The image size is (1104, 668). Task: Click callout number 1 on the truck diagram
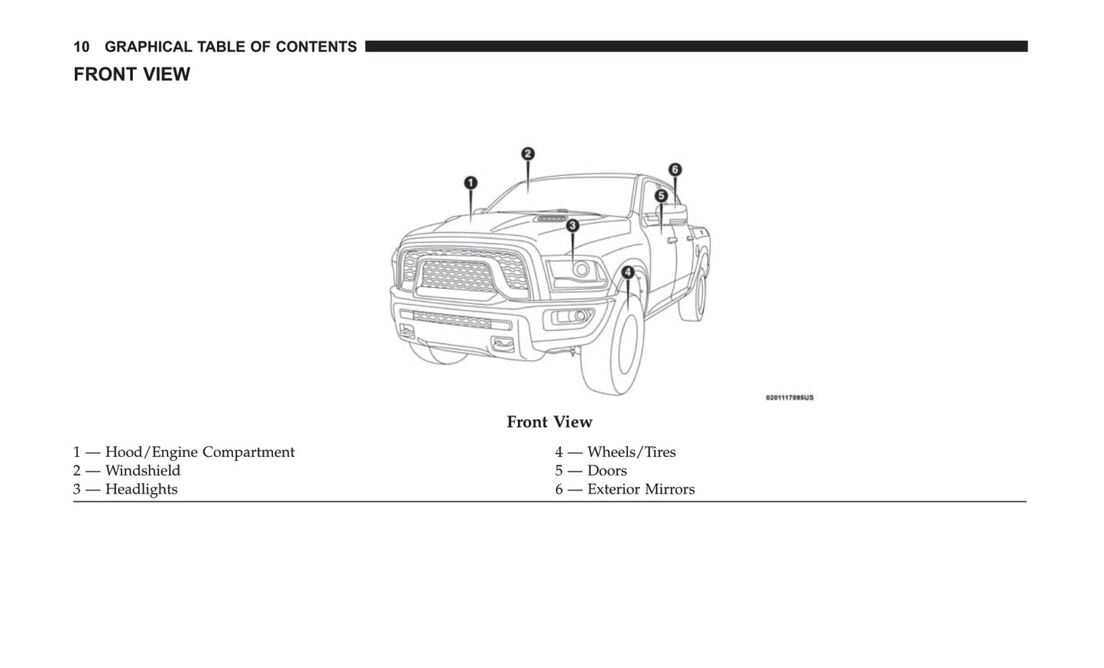pos(471,183)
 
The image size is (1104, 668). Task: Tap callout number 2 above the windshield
pos(528,154)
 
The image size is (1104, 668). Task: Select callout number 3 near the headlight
pos(572,225)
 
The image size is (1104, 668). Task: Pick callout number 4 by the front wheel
pos(628,271)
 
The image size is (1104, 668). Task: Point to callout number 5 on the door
pos(662,196)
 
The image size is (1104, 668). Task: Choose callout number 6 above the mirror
pos(675,169)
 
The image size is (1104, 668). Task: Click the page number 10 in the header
pos(81,47)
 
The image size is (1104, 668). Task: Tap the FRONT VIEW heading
pos(131,74)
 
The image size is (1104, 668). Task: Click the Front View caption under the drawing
pos(549,422)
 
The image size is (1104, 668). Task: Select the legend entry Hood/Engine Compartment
pos(183,452)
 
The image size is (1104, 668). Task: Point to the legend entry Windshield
pos(127,471)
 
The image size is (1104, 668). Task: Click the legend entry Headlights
pos(125,489)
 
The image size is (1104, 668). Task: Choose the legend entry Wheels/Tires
pos(615,452)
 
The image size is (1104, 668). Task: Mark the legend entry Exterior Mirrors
pos(624,489)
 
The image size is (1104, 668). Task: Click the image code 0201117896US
pos(789,397)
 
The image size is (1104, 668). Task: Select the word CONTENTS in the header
pos(316,47)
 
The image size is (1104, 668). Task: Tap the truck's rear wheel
pos(693,294)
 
